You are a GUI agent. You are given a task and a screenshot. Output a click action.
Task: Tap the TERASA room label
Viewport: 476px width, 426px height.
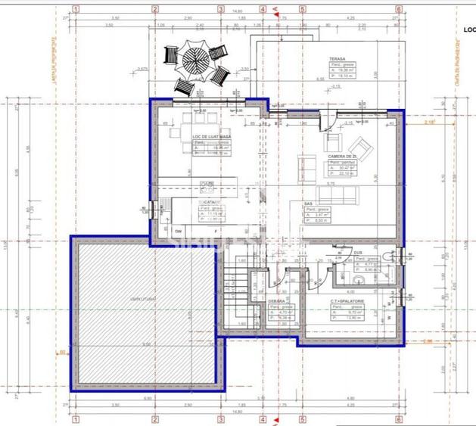[337, 59]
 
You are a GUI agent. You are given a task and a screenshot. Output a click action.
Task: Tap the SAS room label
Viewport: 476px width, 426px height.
[309, 204]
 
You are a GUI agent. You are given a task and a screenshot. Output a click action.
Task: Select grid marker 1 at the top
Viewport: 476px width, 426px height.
[76, 9]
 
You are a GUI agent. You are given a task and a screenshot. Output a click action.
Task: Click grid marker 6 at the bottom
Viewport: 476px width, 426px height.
[399, 417]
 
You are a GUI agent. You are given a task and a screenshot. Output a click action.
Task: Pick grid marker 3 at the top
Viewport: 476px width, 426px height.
[221, 9]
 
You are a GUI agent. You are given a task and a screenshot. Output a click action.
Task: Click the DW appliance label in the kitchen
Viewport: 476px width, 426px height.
[179, 230]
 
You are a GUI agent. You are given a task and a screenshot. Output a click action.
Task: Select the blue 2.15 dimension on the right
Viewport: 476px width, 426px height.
[430, 122]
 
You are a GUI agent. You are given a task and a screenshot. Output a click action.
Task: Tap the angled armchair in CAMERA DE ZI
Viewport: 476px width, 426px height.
[364, 145]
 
